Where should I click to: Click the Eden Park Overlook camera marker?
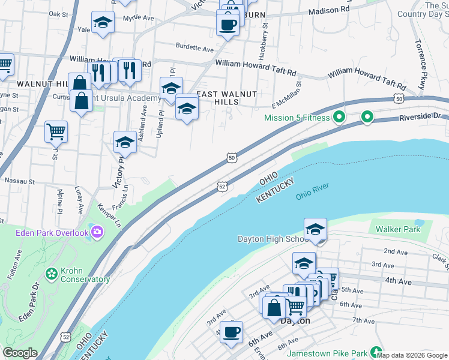pos(97,231)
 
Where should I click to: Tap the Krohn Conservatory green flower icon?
pos(52,274)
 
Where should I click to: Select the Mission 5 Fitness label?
pos(298,118)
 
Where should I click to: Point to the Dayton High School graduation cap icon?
pos(315,229)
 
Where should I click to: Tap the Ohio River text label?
pos(312,196)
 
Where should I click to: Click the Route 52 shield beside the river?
pos(222,187)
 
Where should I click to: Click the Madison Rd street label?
pos(329,10)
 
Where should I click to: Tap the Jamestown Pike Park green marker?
pos(376,352)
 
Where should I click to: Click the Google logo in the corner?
pos(20,353)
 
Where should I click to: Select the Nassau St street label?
pos(20,180)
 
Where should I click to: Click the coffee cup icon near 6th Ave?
pos(231,331)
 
